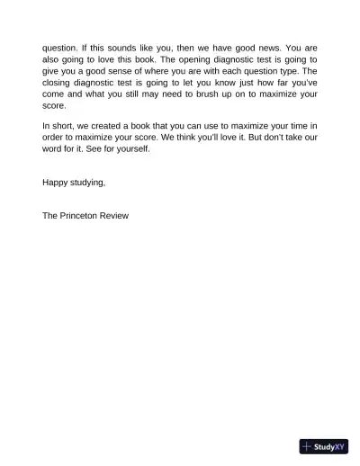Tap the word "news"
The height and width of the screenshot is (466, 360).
point(260,47)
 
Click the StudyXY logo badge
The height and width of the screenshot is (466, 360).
point(323,446)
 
